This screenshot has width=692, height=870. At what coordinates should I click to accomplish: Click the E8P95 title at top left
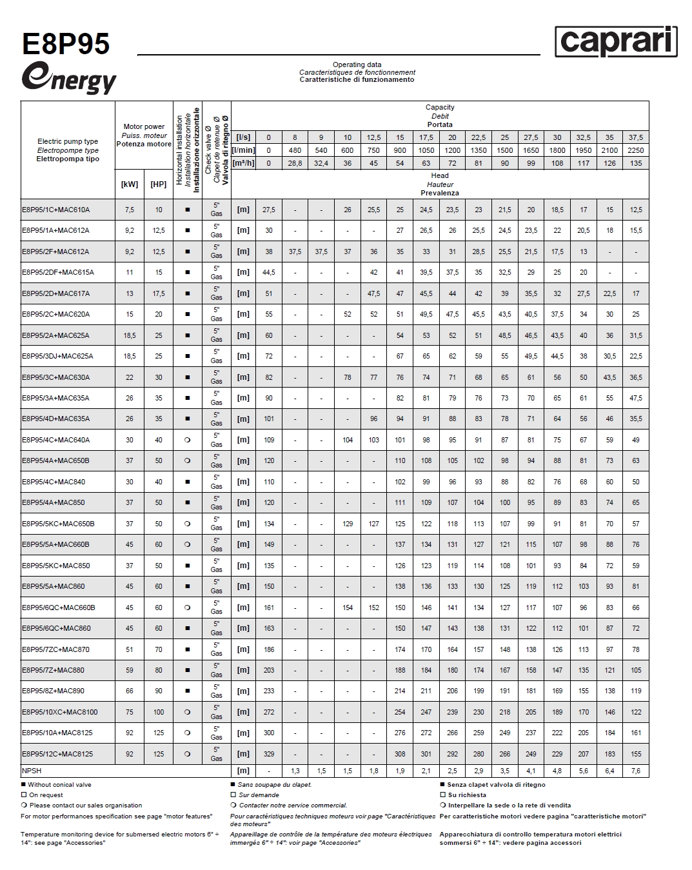point(66,44)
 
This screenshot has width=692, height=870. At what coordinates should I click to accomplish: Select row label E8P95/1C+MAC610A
point(56,210)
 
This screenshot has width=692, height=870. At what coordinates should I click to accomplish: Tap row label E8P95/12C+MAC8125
point(57,753)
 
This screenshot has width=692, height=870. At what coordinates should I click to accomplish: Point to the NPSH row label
point(32,771)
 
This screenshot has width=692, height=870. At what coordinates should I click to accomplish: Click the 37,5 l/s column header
point(636,137)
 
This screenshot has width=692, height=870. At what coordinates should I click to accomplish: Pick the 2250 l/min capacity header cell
point(636,150)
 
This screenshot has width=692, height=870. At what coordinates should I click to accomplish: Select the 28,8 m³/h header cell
point(295,163)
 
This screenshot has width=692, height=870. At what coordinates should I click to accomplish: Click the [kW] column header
point(130,184)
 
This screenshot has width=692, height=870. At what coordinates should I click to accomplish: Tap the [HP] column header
point(159,184)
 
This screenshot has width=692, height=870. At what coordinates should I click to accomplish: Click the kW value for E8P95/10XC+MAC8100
point(130,712)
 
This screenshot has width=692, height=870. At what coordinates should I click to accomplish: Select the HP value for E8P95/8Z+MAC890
point(159,691)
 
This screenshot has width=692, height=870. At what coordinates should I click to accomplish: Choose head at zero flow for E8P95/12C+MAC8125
point(269,753)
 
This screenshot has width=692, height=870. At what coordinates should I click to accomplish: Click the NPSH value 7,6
point(636,771)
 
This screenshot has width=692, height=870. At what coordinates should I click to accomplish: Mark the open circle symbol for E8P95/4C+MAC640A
point(188,440)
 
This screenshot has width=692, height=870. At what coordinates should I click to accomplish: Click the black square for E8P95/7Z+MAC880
point(188,670)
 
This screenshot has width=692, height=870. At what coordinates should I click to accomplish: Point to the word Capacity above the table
point(440,108)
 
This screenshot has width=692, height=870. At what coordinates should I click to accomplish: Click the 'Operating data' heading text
point(357,64)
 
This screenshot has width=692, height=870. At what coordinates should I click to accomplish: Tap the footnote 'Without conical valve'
point(59,785)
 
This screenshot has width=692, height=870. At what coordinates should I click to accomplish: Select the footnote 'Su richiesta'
point(467,795)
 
